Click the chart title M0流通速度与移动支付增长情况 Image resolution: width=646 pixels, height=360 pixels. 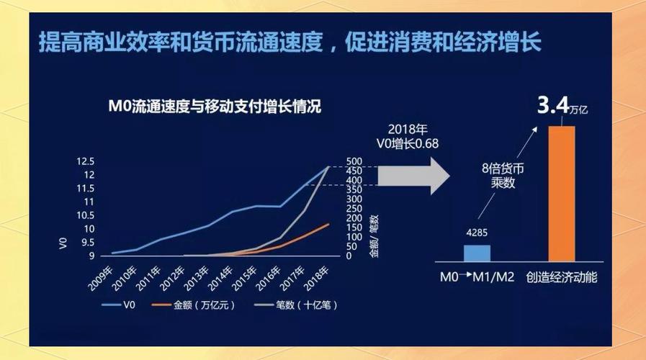tap(213, 107)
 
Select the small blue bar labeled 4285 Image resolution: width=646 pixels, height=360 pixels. tap(476, 253)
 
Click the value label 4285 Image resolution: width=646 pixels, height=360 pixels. tap(477, 233)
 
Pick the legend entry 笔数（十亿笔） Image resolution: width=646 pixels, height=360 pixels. tap(296, 305)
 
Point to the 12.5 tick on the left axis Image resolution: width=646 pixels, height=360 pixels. tap(86, 161)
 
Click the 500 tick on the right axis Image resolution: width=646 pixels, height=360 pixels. tap(355, 161)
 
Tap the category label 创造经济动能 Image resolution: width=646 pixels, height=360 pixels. tap(562, 276)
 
